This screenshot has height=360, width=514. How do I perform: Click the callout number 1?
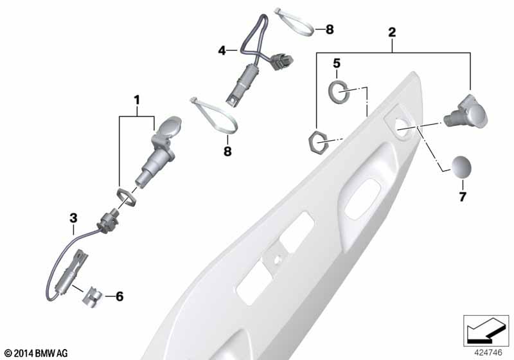tap(137, 100)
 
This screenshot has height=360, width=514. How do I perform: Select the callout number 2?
tap(392, 32)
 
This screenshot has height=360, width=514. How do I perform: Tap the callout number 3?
tap(73, 218)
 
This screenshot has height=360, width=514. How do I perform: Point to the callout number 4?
tap(222, 51)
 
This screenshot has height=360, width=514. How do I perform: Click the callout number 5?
tap(337, 63)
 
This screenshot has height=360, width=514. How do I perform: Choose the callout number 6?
tap(120, 296)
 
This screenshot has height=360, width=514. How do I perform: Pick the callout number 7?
tap(462, 197)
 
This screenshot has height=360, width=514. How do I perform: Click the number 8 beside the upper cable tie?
tap(330, 30)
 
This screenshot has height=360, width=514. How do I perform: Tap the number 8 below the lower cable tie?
tap(227, 151)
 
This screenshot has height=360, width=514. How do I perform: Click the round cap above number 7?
tap(461, 167)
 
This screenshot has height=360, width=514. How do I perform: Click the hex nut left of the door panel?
tap(317, 141)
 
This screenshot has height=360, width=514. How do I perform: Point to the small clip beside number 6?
tap(93, 296)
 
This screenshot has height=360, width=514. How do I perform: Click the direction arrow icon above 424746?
tap(486, 330)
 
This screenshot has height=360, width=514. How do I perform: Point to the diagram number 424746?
tap(488, 352)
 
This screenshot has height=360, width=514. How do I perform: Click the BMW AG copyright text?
tap(36, 353)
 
